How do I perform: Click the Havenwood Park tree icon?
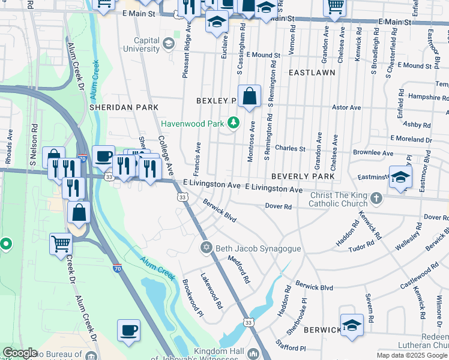tap(234, 124)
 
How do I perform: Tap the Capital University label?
tap(142, 44)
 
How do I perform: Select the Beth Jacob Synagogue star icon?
tap(206, 247)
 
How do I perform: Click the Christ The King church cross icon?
tap(376, 198)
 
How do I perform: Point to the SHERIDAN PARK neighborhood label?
tap(124, 107)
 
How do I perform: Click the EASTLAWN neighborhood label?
tap(312, 72)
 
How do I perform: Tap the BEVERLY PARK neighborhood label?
tap(302, 176)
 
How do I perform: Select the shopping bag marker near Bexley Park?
tap(249, 96)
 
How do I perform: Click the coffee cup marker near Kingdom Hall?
tap(129, 330)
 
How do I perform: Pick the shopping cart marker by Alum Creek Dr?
tap(61, 244)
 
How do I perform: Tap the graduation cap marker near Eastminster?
tap(401, 177)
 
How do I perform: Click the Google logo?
tap(20, 353)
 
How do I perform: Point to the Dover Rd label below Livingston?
tap(279, 206)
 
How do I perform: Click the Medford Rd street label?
tap(238, 270)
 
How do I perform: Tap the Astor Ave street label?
tap(347, 107)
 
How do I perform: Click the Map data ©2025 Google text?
tap(412, 355)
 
